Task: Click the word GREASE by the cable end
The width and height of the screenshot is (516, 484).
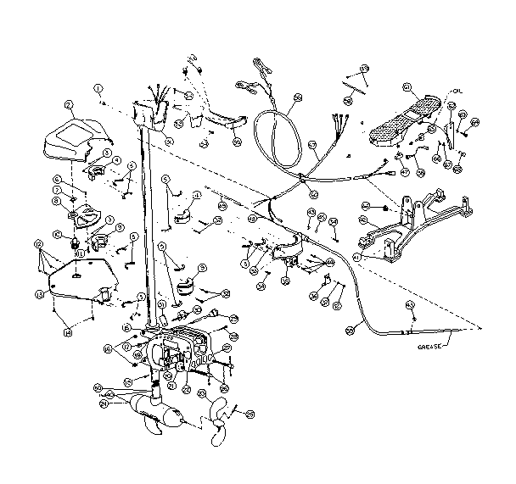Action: pyautogui.click(x=430, y=348)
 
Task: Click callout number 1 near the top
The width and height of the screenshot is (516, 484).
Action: pyautogui.click(x=98, y=87)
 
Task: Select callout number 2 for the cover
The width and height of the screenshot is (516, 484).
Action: pyautogui.click(x=69, y=105)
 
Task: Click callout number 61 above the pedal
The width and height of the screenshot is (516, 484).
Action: pyautogui.click(x=407, y=86)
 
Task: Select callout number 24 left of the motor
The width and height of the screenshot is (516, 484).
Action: pyautogui.click(x=104, y=404)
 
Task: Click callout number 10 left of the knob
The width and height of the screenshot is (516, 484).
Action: pyautogui.click(x=59, y=235)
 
